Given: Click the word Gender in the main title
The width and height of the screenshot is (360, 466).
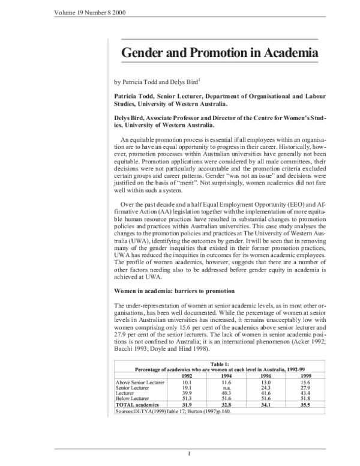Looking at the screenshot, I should (x=144, y=53).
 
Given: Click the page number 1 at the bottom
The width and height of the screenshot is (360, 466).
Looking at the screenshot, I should (x=189, y=453).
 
